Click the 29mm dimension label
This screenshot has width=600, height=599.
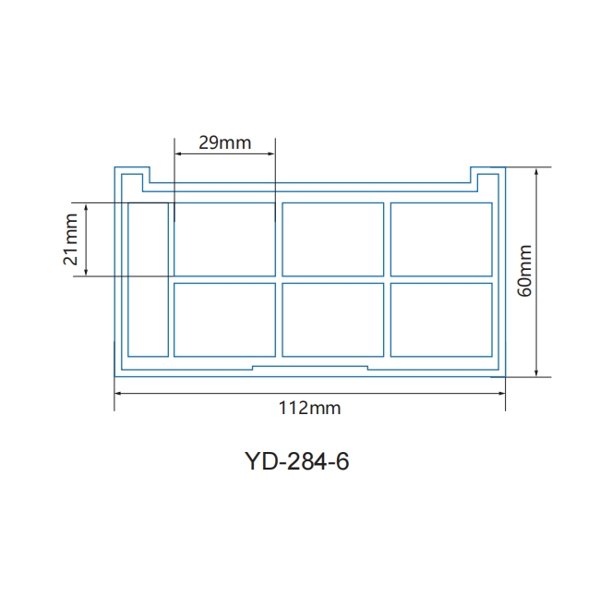tap(225, 142)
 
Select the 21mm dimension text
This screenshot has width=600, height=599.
tap(70, 239)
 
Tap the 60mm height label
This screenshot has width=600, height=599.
tap(524, 271)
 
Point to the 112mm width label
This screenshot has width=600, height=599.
tap(309, 408)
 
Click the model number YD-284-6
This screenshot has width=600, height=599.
tap(296, 461)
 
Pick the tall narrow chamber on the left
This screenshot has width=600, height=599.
tap(148, 280)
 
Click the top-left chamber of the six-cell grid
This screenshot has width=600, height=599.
tap(224, 239)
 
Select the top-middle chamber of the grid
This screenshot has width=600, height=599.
tap(333, 239)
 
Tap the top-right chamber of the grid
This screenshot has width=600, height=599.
tap(441, 239)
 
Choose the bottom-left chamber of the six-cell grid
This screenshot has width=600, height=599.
tap(224, 320)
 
